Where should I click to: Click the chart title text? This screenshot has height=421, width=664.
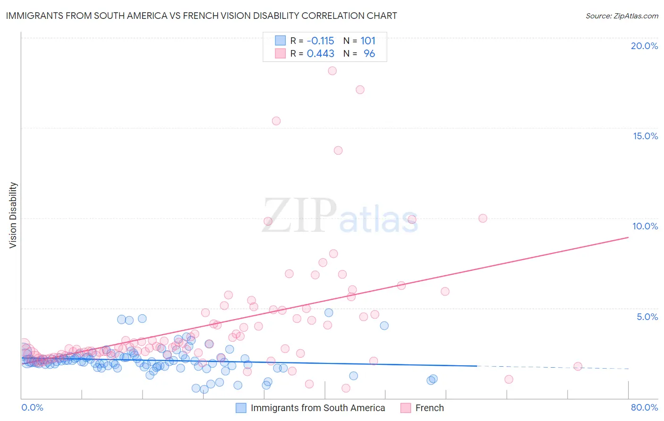(x=201, y=16)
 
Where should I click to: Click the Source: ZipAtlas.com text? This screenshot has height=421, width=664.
(x=621, y=16)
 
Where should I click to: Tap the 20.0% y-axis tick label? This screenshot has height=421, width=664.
(x=644, y=46)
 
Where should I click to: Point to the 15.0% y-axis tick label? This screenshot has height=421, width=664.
(x=645, y=136)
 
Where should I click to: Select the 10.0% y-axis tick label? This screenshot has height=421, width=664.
(x=645, y=226)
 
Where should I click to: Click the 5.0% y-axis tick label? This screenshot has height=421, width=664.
(x=647, y=317)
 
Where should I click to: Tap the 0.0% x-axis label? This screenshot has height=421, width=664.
(x=32, y=407)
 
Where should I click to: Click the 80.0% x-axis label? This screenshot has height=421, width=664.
(x=644, y=407)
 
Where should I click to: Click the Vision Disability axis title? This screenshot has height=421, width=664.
(x=13, y=215)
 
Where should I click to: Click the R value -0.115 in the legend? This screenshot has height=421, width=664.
(x=320, y=41)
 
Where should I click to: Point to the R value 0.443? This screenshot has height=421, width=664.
(x=320, y=54)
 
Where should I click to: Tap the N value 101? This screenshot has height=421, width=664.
(x=368, y=41)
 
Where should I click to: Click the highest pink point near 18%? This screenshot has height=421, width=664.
(x=332, y=71)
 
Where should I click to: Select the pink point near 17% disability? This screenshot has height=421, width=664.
(x=360, y=90)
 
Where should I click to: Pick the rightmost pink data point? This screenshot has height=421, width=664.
(x=578, y=366)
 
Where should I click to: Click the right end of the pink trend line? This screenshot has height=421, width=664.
(x=628, y=237)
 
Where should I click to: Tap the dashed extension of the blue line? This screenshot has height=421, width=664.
(x=553, y=367)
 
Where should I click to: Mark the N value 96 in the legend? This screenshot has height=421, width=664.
(x=369, y=54)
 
